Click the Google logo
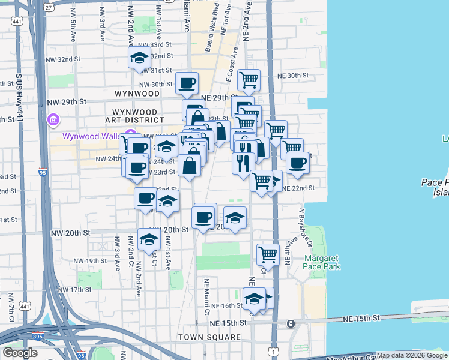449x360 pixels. pos(20,353)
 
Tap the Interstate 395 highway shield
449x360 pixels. pos(38,337)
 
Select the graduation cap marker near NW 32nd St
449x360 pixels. pos(139,59)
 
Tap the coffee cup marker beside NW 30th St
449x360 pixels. pos(187,83)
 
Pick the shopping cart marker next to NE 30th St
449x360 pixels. pos(248,79)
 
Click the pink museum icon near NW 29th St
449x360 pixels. pos(53,120)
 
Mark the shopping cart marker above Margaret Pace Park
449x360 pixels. pos(268,254)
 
